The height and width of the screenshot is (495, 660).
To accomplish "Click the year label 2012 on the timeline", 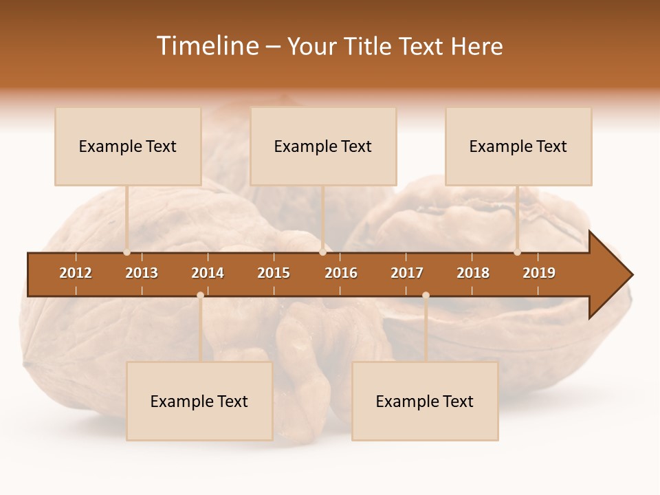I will [76, 273].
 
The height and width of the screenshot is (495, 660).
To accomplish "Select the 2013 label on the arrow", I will [142, 273].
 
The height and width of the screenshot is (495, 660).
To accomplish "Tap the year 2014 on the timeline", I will [208, 273].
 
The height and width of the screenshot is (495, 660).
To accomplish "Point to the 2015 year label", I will [274, 273].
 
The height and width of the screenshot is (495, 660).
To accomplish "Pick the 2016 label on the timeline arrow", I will [341, 273].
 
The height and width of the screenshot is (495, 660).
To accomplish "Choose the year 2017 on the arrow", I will [407, 273].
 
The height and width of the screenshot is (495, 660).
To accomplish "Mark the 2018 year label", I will [473, 273].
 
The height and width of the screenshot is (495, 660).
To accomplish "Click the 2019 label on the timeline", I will [539, 273].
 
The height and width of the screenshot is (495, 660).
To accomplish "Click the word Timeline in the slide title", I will [206, 46].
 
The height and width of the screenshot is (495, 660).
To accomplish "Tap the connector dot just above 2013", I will [127, 252].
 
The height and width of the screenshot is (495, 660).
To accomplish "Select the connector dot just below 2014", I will [200, 296].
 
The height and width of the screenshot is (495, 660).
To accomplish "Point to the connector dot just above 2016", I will [322, 252].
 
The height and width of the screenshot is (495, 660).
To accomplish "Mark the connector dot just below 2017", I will [426, 296].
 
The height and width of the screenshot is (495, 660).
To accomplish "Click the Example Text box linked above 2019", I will [518, 146].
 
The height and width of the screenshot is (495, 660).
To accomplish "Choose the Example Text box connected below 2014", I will [199, 401].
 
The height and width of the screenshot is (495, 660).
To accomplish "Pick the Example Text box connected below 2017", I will [425, 401].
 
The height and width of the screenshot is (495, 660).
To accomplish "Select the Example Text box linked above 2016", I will [323, 146].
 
